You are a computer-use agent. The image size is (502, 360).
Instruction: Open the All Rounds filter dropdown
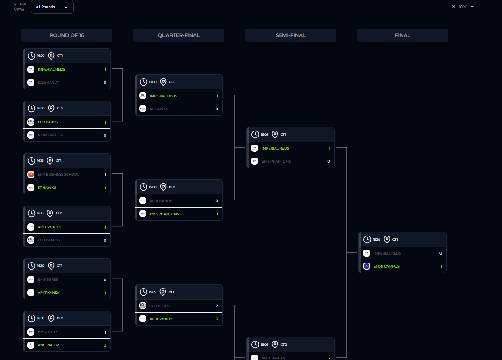click(52, 7)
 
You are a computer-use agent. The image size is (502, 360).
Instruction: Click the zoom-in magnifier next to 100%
click(472, 7)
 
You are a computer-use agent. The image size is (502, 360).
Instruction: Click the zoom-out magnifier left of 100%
click(454, 7)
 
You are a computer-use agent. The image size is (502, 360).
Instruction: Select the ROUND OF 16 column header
click(67, 35)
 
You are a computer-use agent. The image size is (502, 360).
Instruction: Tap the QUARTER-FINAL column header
click(178, 35)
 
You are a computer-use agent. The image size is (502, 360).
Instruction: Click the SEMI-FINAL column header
click(290, 35)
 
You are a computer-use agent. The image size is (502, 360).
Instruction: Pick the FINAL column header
click(402, 35)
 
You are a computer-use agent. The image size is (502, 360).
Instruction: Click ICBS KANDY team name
click(48, 82)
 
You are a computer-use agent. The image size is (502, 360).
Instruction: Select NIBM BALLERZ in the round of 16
click(51, 135)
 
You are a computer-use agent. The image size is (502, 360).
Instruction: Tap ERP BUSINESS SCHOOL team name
click(58, 174)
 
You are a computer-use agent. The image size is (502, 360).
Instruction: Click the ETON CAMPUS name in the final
click(386, 266)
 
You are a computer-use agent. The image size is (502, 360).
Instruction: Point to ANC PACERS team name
click(49, 345)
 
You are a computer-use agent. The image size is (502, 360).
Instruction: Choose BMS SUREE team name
click(48, 279)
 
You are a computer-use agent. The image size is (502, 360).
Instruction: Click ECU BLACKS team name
click(49, 240)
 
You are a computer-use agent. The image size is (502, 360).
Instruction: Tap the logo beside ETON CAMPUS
click(366, 266)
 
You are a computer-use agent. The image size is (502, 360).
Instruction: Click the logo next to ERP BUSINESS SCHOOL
click(31, 174)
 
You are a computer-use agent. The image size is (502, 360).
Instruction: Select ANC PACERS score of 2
click(105, 345)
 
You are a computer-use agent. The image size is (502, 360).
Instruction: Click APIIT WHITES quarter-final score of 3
click(217, 319)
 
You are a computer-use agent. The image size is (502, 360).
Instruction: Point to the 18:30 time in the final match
click(376, 239)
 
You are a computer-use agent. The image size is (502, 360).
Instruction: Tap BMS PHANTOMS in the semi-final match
click(276, 161)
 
